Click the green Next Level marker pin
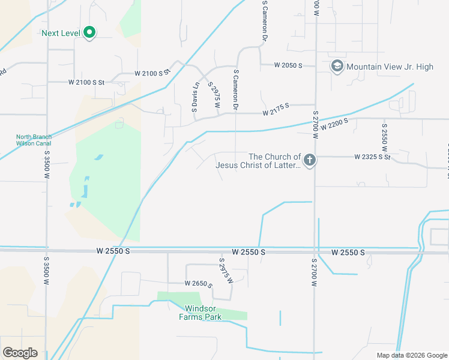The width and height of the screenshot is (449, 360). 89,32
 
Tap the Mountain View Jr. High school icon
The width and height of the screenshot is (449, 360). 337,66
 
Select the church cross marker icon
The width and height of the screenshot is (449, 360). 310,160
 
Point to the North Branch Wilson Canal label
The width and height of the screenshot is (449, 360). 34,140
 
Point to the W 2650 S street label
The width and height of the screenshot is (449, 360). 199,283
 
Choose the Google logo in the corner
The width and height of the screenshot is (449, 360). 20,353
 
